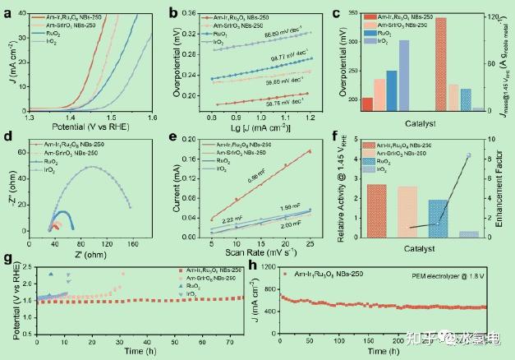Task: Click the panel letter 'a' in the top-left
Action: click(x=7, y=11)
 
